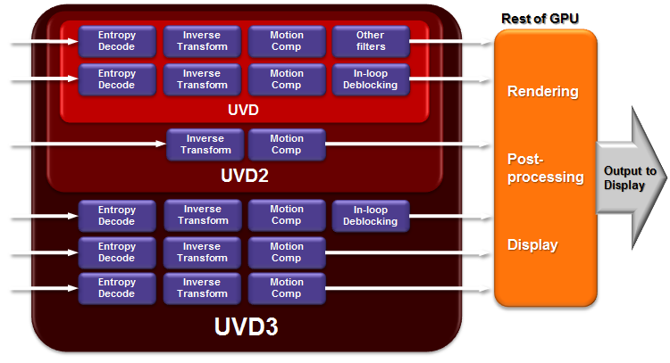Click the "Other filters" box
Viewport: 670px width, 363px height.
(x=371, y=41)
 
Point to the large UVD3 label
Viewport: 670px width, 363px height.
(x=246, y=326)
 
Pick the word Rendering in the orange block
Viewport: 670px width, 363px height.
(x=543, y=91)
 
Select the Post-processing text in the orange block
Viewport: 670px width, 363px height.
(x=545, y=167)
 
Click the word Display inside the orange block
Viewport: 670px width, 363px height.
(x=532, y=244)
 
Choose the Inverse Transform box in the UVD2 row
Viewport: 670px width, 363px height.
(x=205, y=144)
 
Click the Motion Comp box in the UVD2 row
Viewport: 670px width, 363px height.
(x=287, y=144)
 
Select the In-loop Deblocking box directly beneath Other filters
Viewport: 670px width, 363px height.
(x=371, y=78)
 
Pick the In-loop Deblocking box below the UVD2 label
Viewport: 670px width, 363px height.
(x=371, y=215)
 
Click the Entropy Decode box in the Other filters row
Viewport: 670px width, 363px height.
(x=117, y=41)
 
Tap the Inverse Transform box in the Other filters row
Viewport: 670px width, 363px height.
(x=203, y=41)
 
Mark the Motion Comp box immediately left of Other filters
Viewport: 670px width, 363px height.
(x=287, y=41)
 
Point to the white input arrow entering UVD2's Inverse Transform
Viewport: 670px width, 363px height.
(x=89, y=144)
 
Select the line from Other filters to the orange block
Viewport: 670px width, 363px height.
(x=451, y=41)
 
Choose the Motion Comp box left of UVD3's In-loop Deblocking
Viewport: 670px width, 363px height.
(x=287, y=215)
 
